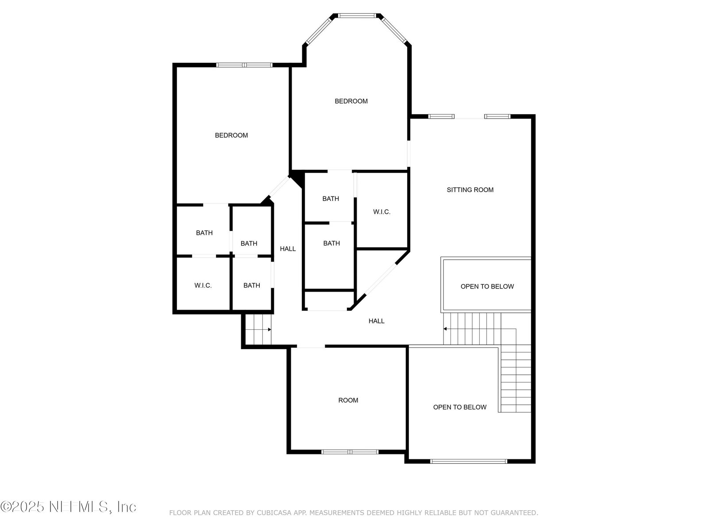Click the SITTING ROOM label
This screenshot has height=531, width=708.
(x=470, y=190)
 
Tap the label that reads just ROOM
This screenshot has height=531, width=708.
(x=348, y=400)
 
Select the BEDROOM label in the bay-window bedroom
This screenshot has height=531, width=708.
(x=351, y=101)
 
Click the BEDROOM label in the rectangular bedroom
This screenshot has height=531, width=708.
(x=231, y=135)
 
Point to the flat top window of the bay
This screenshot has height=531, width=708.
(x=357, y=15)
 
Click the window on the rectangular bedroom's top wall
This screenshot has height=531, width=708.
(x=244, y=65)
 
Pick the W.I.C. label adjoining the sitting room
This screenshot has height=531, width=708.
(x=381, y=212)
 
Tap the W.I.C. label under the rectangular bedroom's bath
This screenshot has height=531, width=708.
(x=203, y=285)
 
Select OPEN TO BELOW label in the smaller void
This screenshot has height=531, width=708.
(x=487, y=286)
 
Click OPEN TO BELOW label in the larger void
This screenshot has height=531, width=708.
(x=460, y=407)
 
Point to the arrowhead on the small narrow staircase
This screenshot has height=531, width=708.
(x=269, y=330)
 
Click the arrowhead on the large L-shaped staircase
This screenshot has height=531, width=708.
(x=445, y=329)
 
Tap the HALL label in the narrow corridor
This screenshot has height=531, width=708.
(x=288, y=249)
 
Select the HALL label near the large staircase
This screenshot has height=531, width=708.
(x=377, y=321)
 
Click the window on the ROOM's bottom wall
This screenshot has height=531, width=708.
(x=350, y=452)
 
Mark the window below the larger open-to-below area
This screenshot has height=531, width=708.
(x=469, y=462)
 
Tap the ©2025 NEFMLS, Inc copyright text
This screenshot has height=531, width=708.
(x=69, y=507)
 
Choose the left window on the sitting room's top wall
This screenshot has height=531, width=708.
(x=441, y=117)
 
